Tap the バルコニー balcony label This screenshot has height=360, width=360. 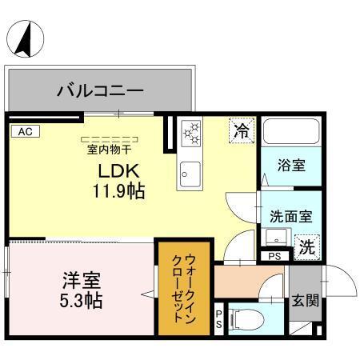[x=99, y=90]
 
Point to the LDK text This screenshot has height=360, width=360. [x=119, y=170]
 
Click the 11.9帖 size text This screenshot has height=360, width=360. [x=120, y=191]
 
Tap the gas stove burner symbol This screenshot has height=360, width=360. [x=190, y=134]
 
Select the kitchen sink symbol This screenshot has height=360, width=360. [x=190, y=170]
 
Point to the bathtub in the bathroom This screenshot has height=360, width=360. [x=290, y=135]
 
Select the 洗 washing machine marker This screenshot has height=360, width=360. [x=306, y=246]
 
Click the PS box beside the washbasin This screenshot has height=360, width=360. [x=274, y=256]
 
